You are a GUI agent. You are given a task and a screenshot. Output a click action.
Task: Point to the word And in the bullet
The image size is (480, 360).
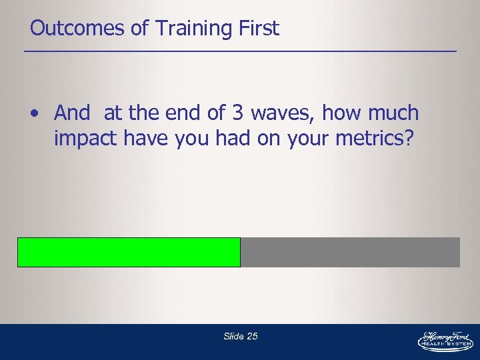click(72, 113)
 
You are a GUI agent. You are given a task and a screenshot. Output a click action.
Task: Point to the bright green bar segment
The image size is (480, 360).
click(129, 252)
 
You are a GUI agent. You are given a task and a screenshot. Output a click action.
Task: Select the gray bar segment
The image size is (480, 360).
click(350, 252)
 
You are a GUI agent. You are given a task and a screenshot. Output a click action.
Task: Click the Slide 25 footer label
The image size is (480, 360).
click(241, 337)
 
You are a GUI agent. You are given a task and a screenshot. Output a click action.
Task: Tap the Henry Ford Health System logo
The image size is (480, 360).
click(445, 341)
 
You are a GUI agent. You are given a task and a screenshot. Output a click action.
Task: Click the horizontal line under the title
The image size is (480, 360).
click(240, 51)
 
